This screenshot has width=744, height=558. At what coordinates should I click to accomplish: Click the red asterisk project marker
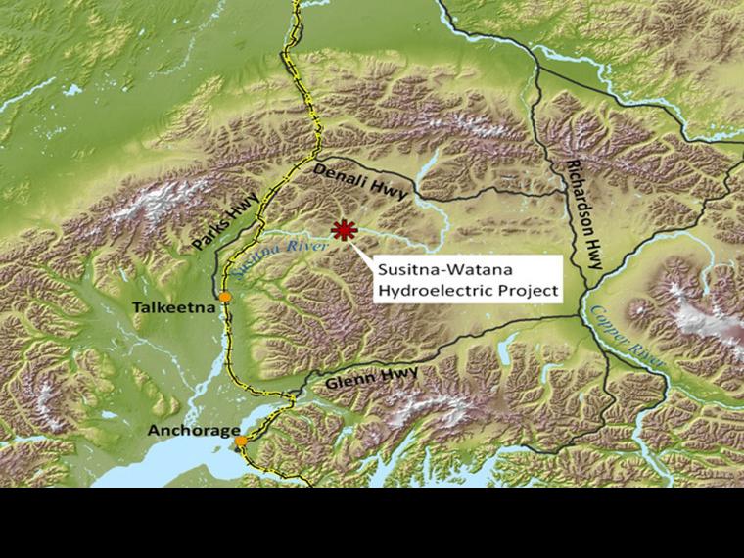tap(343, 230)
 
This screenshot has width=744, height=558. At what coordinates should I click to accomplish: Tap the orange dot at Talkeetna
tap(225, 297)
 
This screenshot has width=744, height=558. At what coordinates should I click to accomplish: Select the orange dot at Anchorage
tap(241, 442)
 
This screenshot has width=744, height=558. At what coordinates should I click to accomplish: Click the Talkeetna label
tap(173, 308)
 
